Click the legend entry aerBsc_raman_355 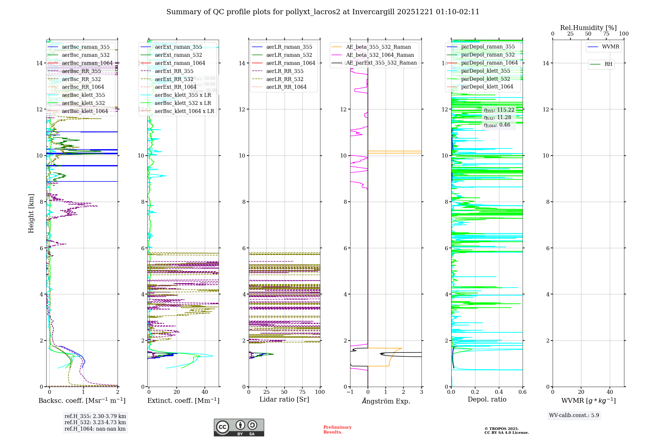click(86, 47)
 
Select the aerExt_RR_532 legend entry click(174, 79)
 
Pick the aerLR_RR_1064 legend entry click(286, 87)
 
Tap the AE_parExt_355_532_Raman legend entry click(381, 63)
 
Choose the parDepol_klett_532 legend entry click(485, 79)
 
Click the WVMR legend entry click(610, 47)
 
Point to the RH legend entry click(608, 64)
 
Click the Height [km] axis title click(31, 213)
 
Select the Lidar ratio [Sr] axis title click(284, 399)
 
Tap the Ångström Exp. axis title click(386, 401)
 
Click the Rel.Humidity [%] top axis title click(588, 28)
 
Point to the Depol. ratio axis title click(487, 399)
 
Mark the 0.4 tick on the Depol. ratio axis click(499, 392)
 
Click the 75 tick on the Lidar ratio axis click(302, 392)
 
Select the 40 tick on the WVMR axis click(610, 392)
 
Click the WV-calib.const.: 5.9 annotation click(574, 415)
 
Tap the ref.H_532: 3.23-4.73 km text click(95, 423)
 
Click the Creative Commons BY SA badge click(239, 427)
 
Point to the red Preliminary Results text click(337, 430)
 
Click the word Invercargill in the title click(373, 12)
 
